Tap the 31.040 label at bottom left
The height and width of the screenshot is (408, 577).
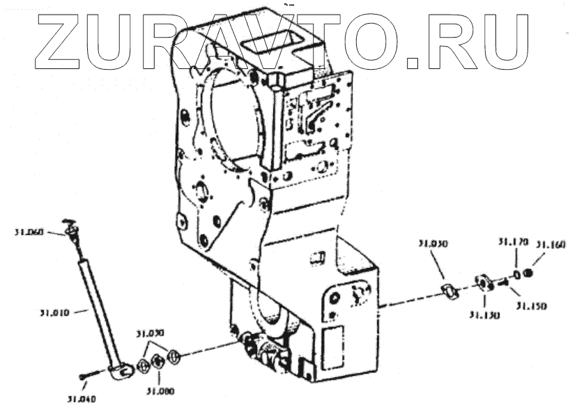82,399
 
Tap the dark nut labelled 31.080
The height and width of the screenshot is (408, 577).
158,361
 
